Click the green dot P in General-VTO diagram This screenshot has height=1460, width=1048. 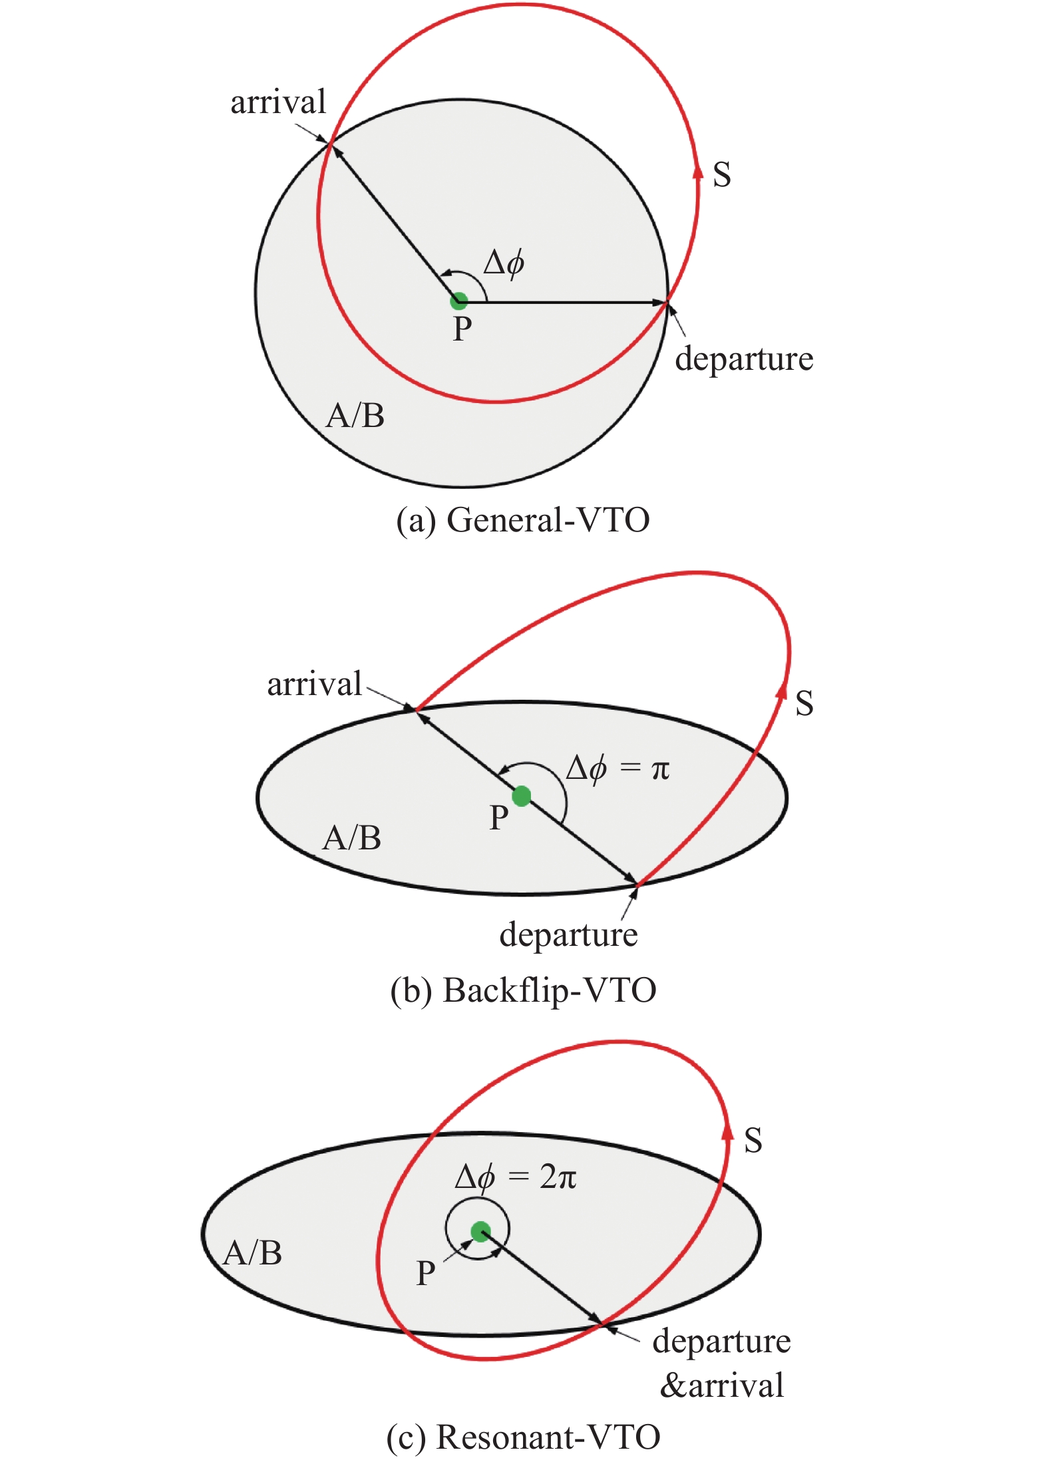click(x=458, y=301)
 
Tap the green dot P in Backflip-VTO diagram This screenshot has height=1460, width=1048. click(x=522, y=796)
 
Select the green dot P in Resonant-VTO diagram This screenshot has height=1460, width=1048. click(x=480, y=1231)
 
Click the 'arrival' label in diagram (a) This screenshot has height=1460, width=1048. click(x=278, y=102)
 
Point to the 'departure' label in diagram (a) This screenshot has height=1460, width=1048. click(x=744, y=360)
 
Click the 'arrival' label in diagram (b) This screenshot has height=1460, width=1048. click(x=314, y=684)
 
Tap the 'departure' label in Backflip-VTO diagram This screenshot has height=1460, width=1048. click(x=568, y=935)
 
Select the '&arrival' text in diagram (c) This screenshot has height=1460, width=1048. click(x=721, y=1386)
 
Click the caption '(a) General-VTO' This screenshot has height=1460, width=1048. click(x=523, y=520)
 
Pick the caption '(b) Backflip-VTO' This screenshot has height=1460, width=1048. click(x=523, y=990)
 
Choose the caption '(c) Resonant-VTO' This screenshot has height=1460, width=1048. click(x=523, y=1437)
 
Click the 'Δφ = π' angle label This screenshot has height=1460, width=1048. click(x=617, y=769)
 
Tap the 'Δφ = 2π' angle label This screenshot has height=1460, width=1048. click(x=516, y=1177)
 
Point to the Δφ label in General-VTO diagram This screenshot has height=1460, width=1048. click(x=504, y=263)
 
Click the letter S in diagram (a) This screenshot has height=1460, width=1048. click(x=722, y=174)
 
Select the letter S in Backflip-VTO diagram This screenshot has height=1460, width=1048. click(x=804, y=703)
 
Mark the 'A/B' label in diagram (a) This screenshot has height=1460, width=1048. click(x=355, y=416)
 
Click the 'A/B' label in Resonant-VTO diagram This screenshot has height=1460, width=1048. click(x=253, y=1253)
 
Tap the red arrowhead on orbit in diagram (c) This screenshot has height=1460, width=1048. click(x=728, y=1131)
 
